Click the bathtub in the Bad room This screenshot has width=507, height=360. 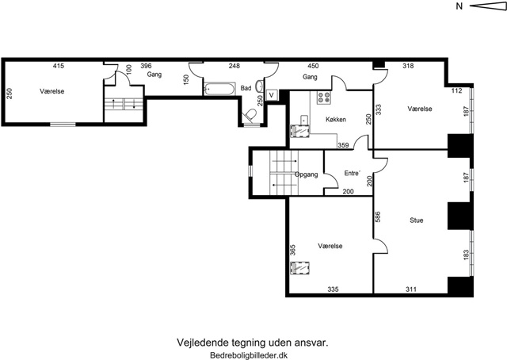(x=219, y=89)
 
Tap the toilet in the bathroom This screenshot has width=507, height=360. (x=250, y=115)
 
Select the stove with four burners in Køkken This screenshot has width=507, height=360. (x=323, y=98)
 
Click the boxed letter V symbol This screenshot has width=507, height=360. (x=272, y=95)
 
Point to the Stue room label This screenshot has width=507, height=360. (x=416, y=220)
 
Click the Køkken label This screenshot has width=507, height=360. (x=336, y=120)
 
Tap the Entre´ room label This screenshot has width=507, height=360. (x=352, y=173)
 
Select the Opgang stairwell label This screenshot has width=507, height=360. (x=306, y=174)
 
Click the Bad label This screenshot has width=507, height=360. (x=246, y=88)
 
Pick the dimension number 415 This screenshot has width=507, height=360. (x=59, y=66)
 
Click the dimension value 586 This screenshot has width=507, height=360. (x=377, y=216)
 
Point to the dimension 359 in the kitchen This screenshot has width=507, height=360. (x=343, y=145)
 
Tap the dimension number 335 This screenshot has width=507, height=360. (x=333, y=289)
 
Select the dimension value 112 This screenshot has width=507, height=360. (x=456, y=90)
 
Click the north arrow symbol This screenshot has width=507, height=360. (x=488, y=6)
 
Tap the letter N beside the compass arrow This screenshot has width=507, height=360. (x=459, y=6)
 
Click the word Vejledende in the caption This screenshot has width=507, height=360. (x=203, y=343)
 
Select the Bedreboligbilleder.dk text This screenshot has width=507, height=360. (x=249, y=355)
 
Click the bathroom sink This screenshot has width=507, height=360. (x=260, y=86)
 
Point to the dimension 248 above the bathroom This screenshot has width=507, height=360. (x=234, y=66)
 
